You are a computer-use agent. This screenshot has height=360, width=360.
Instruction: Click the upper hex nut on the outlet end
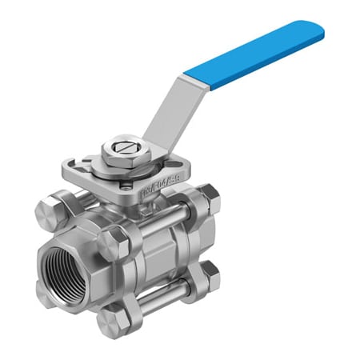point(206,198)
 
